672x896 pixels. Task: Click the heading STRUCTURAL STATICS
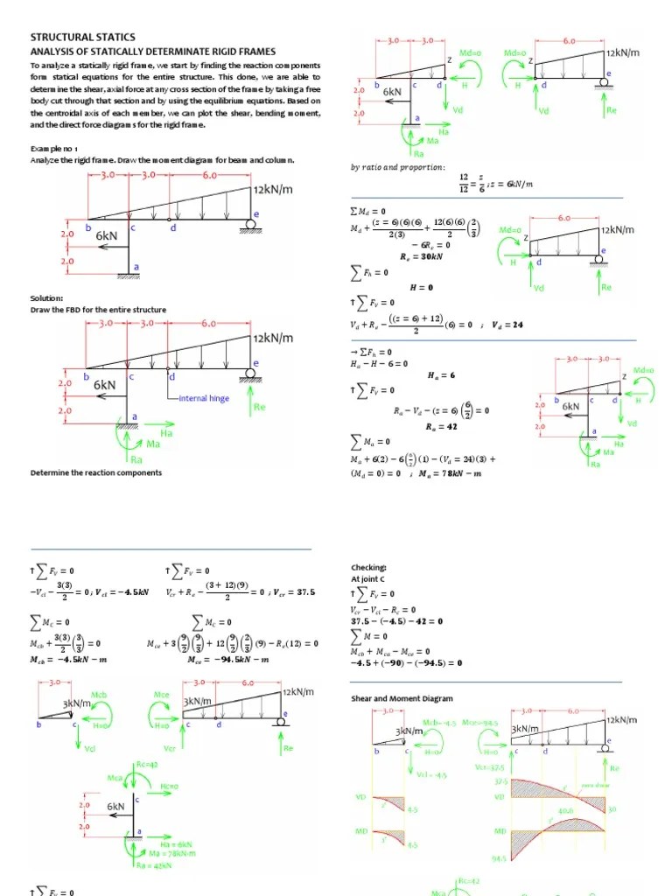pos(83,37)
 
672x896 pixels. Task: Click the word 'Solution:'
pos(46,298)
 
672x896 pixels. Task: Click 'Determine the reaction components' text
pos(96,472)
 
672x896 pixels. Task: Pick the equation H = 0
pos(422,287)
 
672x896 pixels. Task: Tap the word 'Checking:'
pos(368,567)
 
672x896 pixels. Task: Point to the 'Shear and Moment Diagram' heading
pos(402,698)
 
